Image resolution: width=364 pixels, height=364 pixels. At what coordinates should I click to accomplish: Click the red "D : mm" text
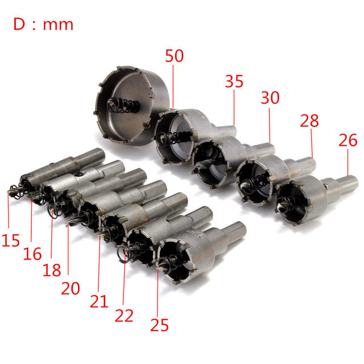[x=43, y=24]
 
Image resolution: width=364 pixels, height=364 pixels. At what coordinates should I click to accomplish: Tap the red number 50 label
[x=175, y=56]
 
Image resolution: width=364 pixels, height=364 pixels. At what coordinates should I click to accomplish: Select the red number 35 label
[x=234, y=81]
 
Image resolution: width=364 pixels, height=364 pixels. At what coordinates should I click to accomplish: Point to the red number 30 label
[x=270, y=97]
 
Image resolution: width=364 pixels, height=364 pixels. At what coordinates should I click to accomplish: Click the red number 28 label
[x=309, y=121]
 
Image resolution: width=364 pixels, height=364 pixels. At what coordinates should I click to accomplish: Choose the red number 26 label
[x=348, y=140]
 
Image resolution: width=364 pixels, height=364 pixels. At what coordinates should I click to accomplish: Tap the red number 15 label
[x=11, y=240]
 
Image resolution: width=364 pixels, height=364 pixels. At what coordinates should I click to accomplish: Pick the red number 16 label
[x=32, y=254]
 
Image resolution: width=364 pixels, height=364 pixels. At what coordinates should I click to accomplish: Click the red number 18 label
[x=52, y=270]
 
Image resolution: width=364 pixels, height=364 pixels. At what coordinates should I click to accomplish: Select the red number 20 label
[x=71, y=288]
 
